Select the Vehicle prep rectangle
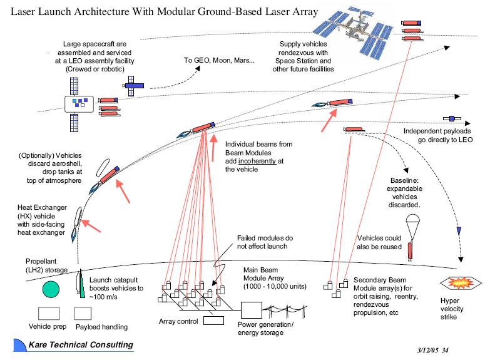(49, 313)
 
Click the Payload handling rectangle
(83, 313)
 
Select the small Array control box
(214, 321)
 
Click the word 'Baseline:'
(407, 182)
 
